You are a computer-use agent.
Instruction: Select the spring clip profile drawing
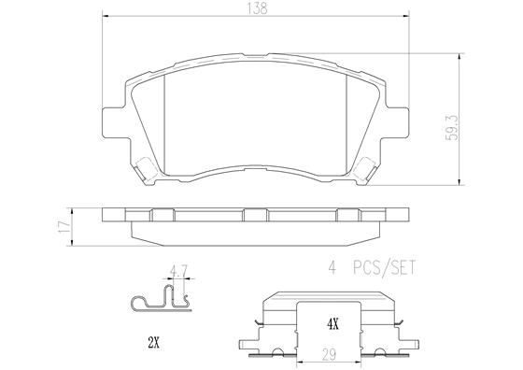160,300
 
